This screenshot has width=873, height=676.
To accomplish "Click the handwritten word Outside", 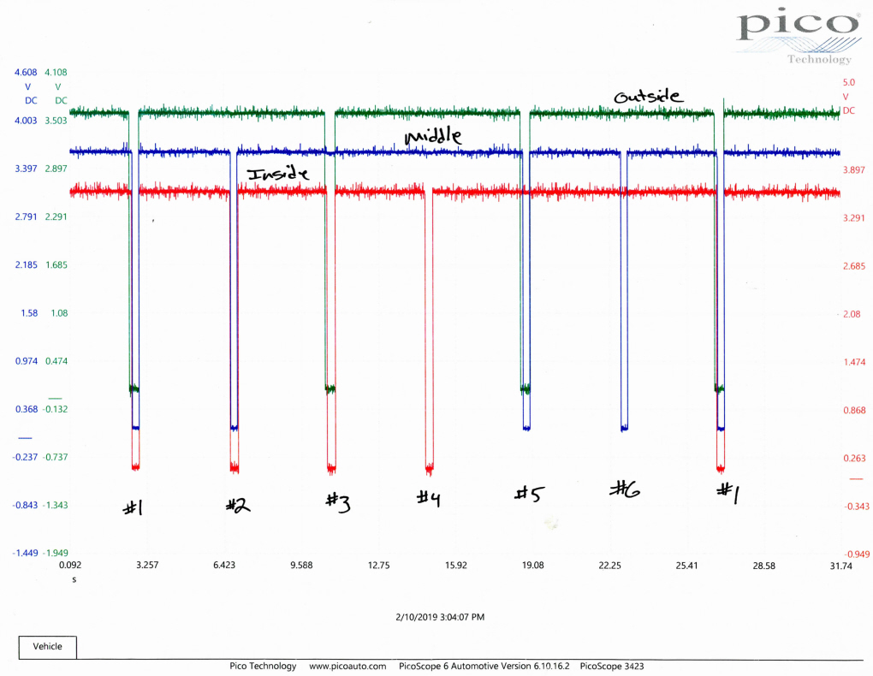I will pyautogui.click(x=649, y=97).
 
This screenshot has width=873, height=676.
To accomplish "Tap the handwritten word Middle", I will pyautogui.click(x=433, y=137).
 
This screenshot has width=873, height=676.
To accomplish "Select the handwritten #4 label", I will pyautogui.click(x=428, y=496).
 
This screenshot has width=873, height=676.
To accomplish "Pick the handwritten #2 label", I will pyautogui.click(x=237, y=505).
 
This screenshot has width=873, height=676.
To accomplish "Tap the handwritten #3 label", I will pyautogui.click(x=337, y=501).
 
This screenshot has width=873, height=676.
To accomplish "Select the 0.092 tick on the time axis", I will pyautogui.click(x=69, y=566).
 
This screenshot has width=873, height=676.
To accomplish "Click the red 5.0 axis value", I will pyautogui.click(x=849, y=82).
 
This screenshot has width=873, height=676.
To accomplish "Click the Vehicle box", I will pyautogui.click(x=47, y=647).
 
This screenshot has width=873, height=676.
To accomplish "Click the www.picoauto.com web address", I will pyautogui.click(x=347, y=666).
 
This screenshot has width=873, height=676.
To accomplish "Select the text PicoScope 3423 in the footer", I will pyautogui.click(x=613, y=666).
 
